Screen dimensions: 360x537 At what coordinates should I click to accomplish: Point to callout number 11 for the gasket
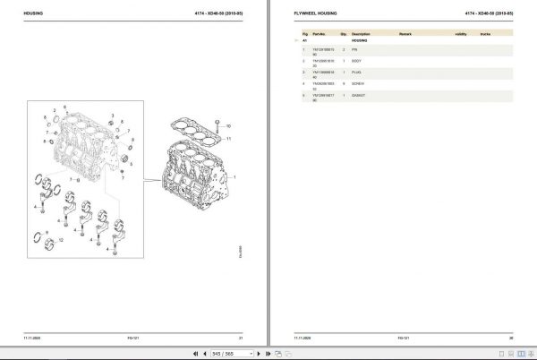coord(230,141)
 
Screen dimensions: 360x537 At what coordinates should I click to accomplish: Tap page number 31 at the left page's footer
coord(241,336)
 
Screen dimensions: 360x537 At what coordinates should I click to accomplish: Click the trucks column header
coord(487,34)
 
